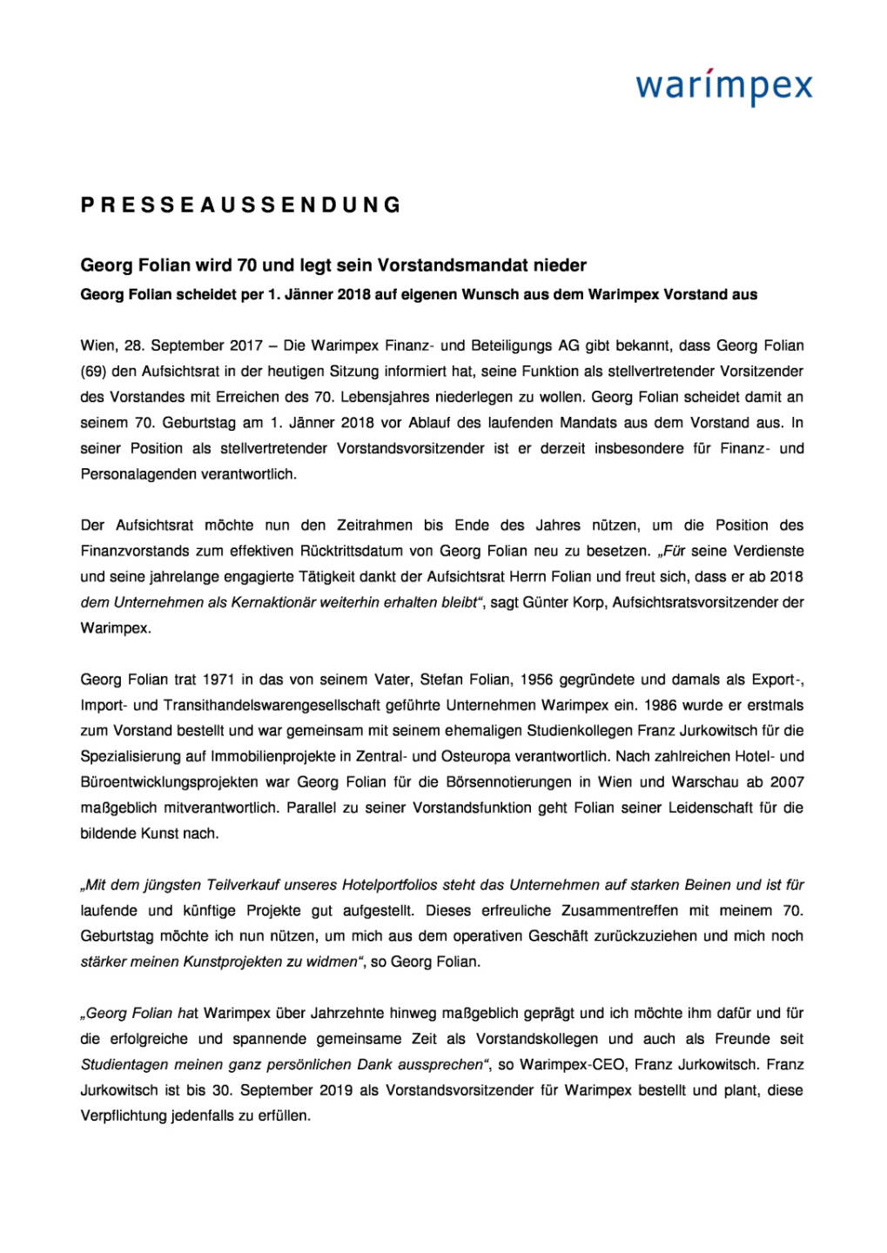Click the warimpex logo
tap(723, 88)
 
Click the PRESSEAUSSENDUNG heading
tap(241, 205)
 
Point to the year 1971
tap(218, 680)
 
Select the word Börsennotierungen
tap(513, 782)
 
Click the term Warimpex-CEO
tap(564, 1064)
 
